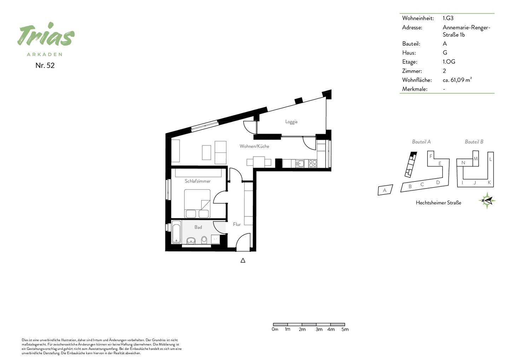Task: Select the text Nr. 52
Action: coord(45,65)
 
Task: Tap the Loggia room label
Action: coord(291,122)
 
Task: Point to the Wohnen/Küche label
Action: coord(254,146)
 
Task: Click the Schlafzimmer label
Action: coord(198,181)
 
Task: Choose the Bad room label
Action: coord(198,227)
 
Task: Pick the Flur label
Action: coord(237,224)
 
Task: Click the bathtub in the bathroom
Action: coord(176,232)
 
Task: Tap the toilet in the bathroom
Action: coord(204,240)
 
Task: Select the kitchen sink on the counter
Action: coord(300,163)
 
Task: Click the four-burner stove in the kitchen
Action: coord(312,163)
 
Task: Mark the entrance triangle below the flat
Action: coord(243,261)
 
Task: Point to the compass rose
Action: coord(487,201)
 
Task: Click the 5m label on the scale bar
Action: coord(345,329)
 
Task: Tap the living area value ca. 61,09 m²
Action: coord(457,80)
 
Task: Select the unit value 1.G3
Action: coord(448,18)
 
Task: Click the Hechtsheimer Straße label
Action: coord(438,203)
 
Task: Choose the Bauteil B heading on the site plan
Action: coord(474,142)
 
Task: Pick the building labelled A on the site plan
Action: coord(385,190)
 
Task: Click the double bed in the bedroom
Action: coord(197,204)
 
